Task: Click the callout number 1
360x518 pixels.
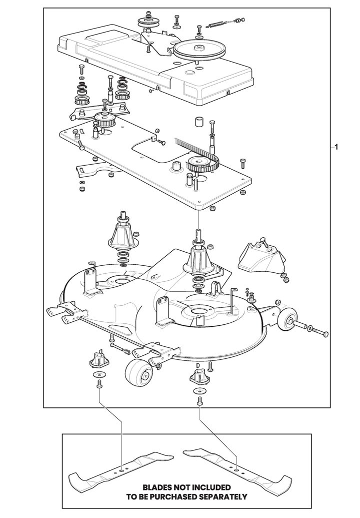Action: click(337, 147)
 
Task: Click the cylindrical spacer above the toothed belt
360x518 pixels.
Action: click(199, 123)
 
